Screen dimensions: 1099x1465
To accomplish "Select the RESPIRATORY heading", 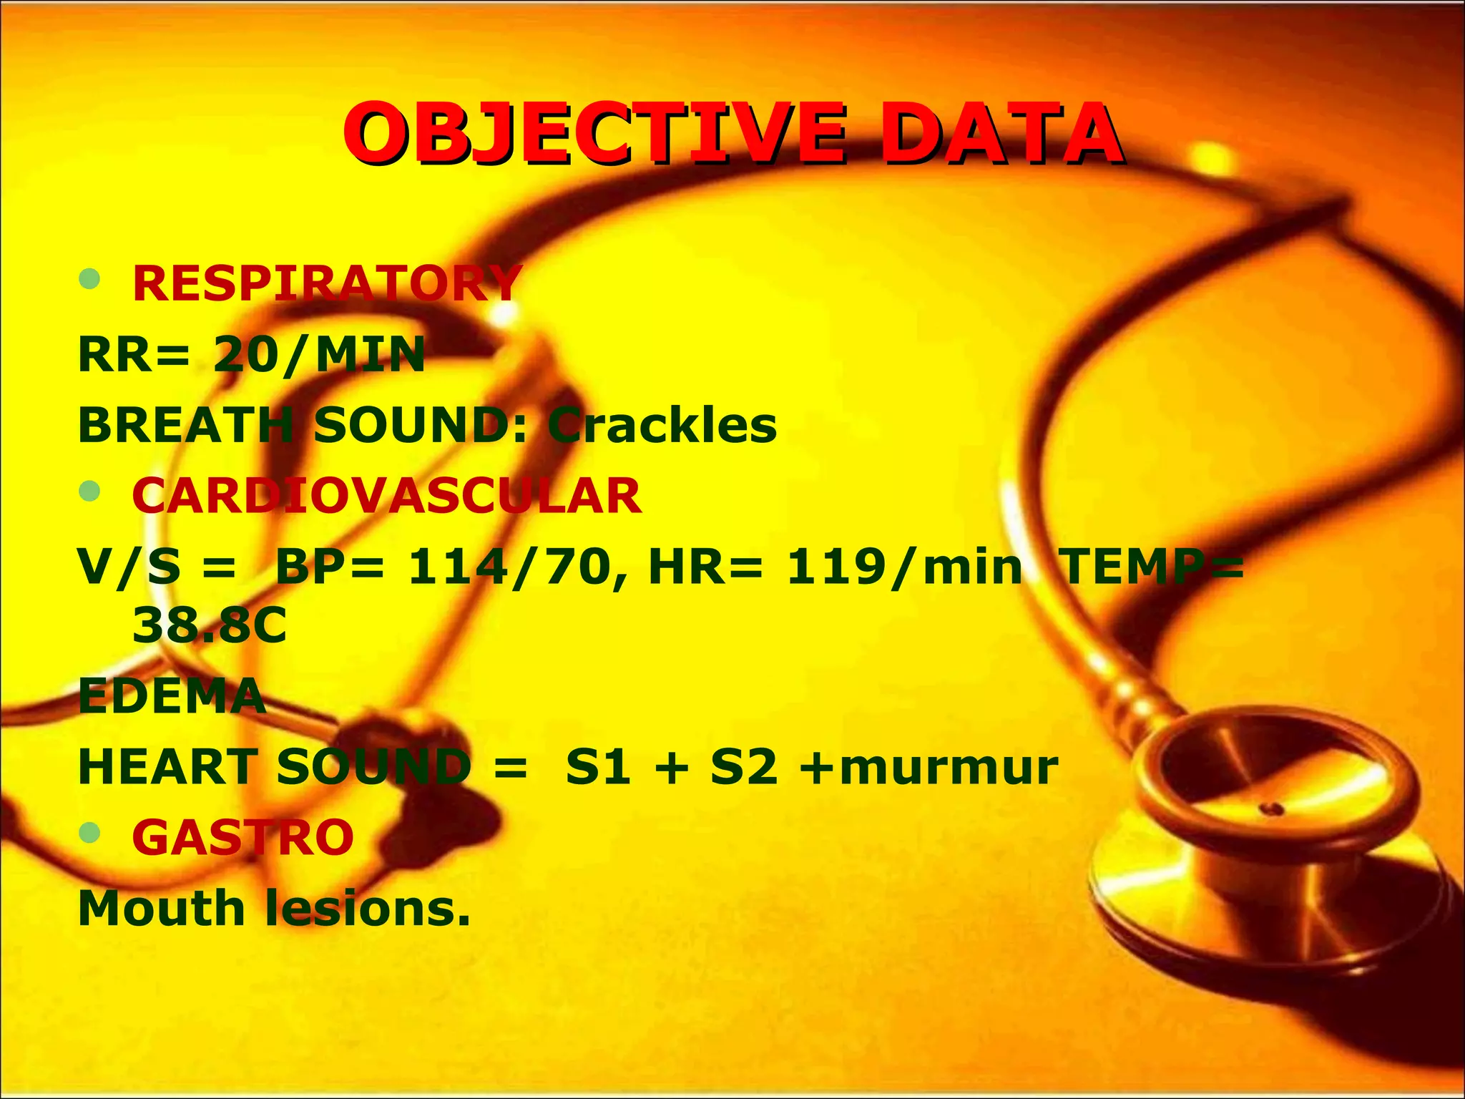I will [x=327, y=283].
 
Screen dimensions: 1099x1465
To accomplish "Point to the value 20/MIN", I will [x=319, y=354].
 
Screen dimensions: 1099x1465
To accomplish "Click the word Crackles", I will [x=662, y=425].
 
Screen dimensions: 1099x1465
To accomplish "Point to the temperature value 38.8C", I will [x=210, y=625].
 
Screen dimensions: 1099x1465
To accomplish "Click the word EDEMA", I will [x=172, y=695].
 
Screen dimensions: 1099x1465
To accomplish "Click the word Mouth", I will [x=162, y=908].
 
